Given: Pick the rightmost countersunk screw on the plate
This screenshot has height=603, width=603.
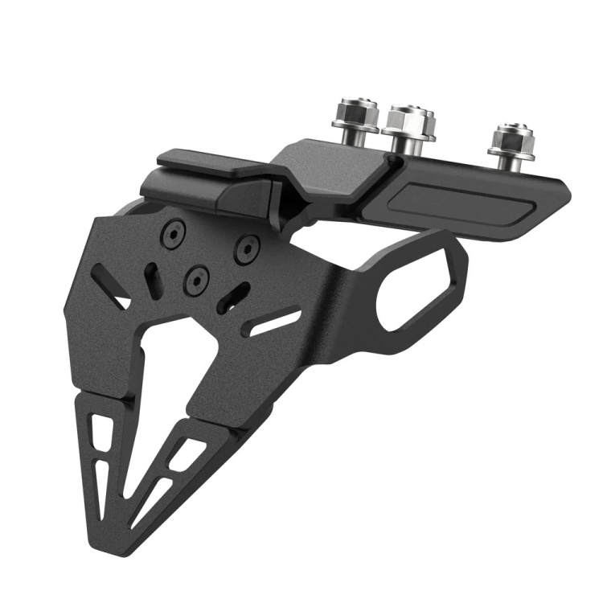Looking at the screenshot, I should pyautogui.click(x=247, y=248).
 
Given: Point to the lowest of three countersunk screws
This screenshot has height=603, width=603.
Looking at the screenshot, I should pyautogui.click(x=197, y=280).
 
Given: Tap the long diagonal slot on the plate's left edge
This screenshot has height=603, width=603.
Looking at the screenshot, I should pyautogui.click(x=111, y=287).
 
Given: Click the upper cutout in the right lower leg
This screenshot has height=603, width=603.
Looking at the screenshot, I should pyautogui.click(x=187, y=454).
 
